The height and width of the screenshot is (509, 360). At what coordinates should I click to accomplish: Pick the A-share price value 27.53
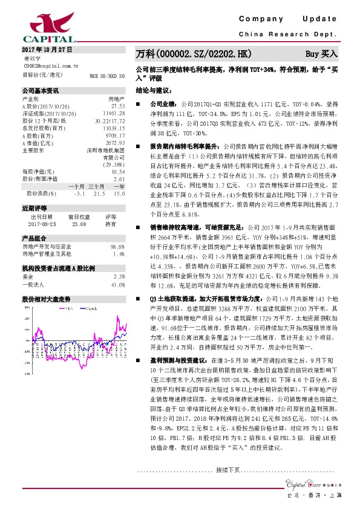click(x=117, y=105)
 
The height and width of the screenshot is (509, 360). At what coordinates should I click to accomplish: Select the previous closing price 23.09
click(x=79, y=223)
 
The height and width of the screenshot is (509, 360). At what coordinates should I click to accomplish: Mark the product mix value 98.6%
click(x=117, y=247)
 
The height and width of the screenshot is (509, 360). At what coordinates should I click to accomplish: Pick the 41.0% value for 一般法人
click(x=117, y=284)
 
